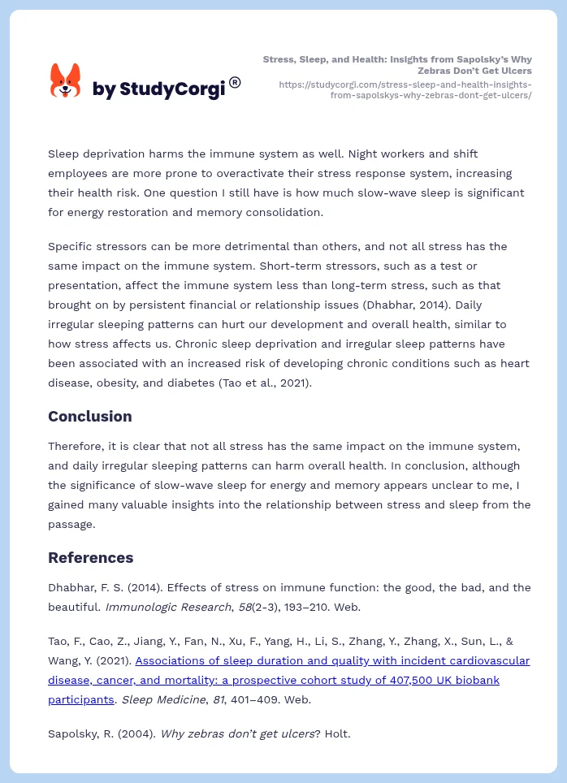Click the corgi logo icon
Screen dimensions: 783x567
(x=66, y=81)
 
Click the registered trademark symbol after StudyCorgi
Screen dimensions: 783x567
(x=235, y=82)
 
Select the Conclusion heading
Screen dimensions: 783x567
(x=89, y=416)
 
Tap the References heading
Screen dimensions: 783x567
(x=90, y=557)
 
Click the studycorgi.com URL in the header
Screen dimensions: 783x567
(x=405, y=89)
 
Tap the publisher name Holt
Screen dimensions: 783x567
(x=336, y=733)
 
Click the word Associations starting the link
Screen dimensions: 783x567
(x=171, y=660)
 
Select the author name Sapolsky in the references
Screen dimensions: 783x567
(x=72, y=733)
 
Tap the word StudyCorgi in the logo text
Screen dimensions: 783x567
(x=171, y=89)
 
